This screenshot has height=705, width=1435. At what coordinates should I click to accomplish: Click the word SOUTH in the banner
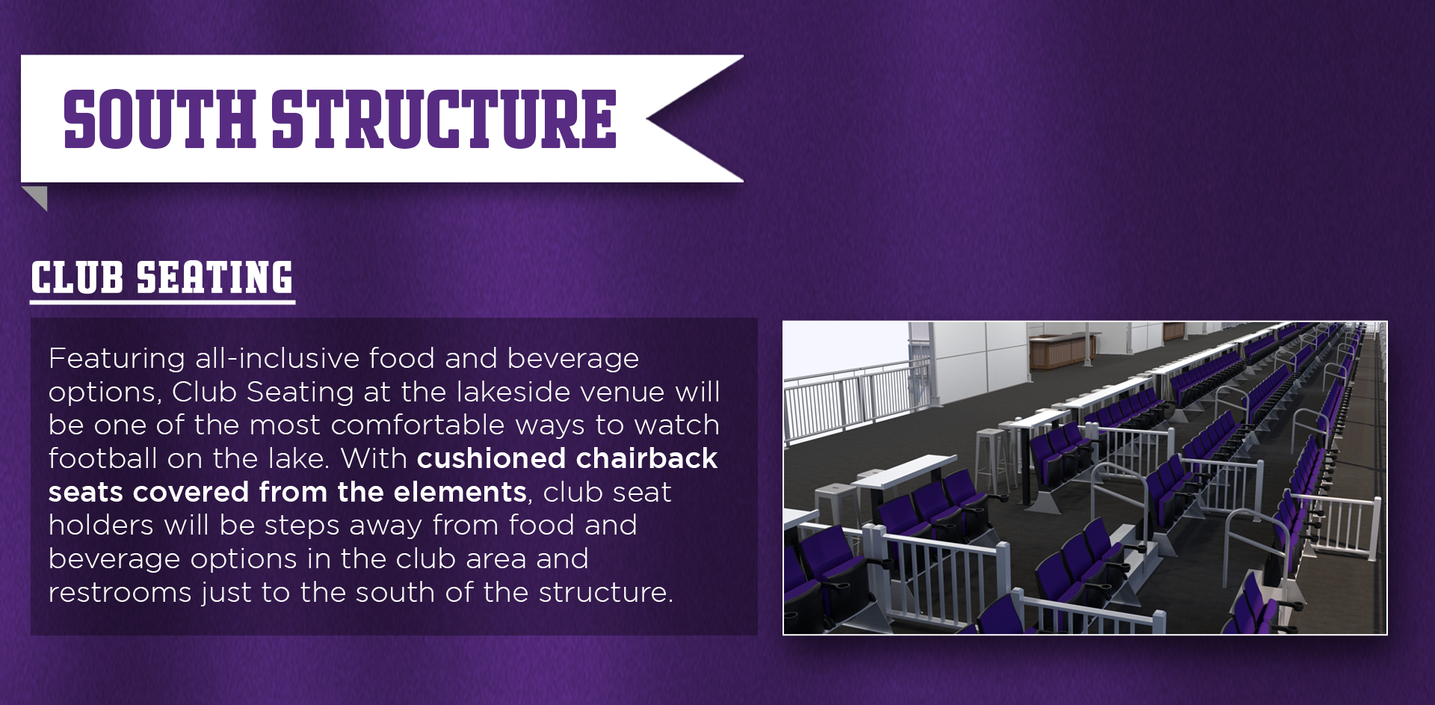point(160,119)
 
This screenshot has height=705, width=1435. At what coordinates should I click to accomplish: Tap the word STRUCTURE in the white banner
point(444,119)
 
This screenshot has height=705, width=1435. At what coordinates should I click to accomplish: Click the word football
point(103,458)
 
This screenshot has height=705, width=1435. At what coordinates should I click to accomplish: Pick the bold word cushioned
point(490,458)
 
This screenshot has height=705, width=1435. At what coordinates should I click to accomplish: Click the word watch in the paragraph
point(676,425)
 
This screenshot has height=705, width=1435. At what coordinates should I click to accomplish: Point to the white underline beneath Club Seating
point(163,302)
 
